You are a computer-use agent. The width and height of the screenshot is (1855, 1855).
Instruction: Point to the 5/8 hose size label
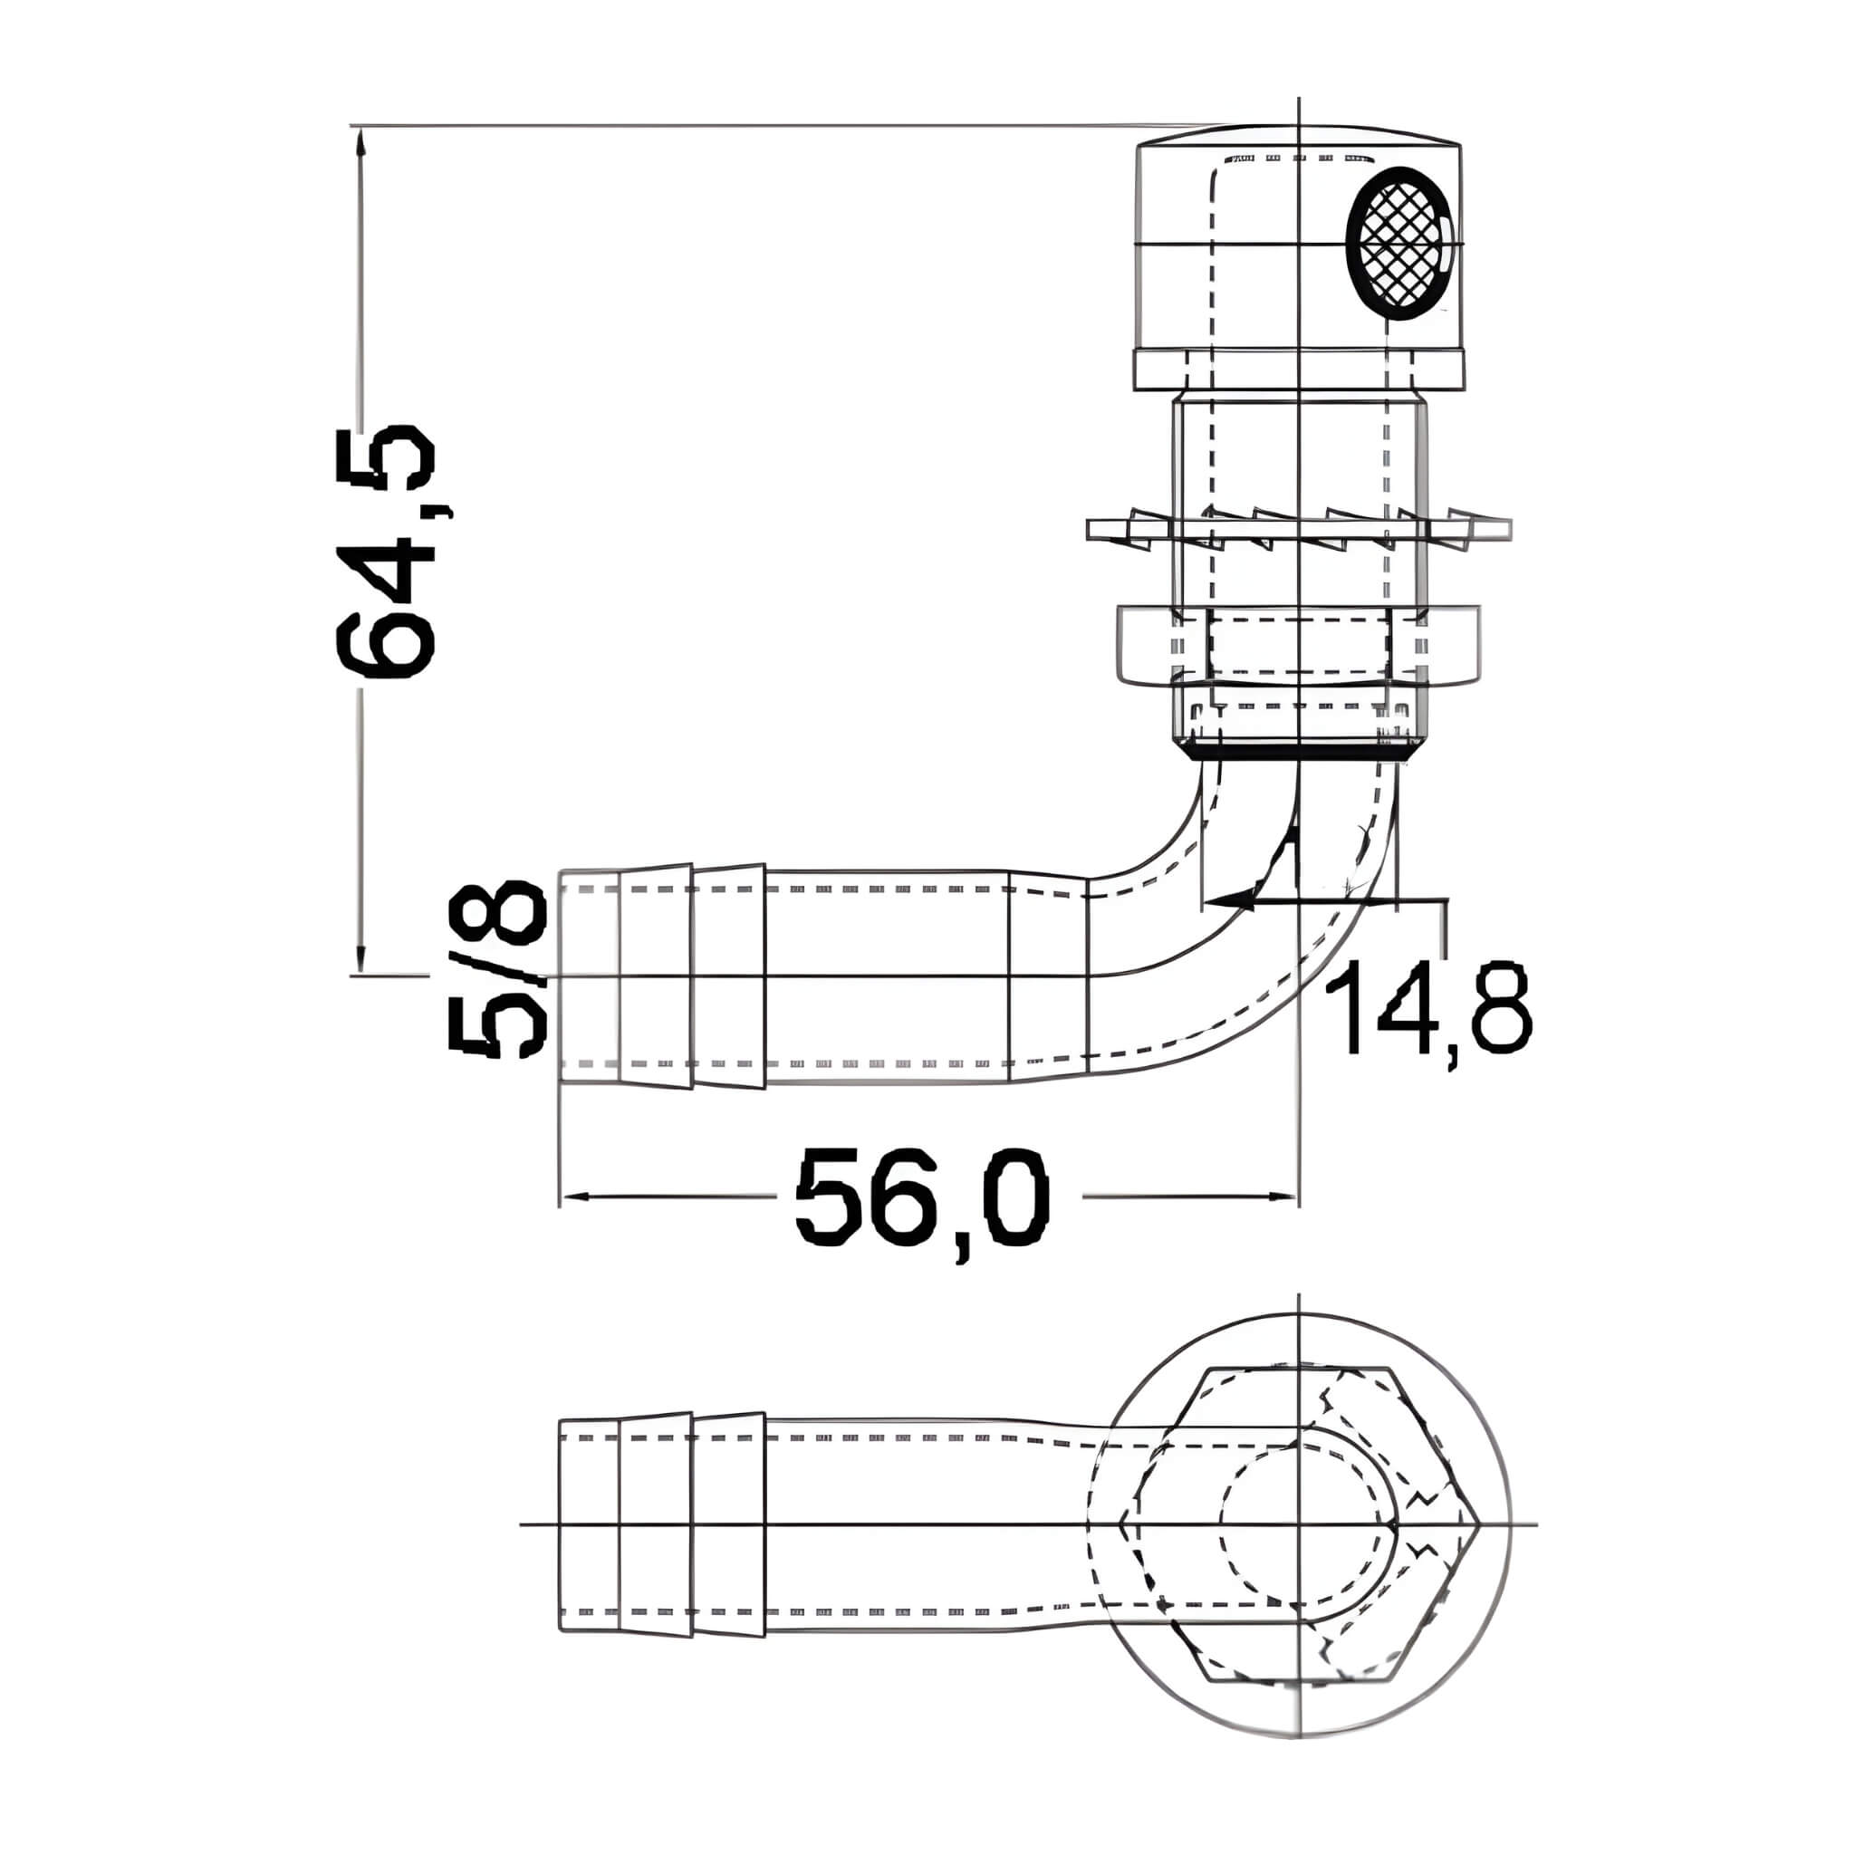click(x=497, y=970)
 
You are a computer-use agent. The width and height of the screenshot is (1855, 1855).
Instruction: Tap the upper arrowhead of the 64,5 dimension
click(x=360, y=144)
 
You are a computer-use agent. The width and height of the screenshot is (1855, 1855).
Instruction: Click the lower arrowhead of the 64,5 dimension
click(x=360, y=956)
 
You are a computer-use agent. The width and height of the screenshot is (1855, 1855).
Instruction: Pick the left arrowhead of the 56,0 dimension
click(x=576, y=1197)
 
